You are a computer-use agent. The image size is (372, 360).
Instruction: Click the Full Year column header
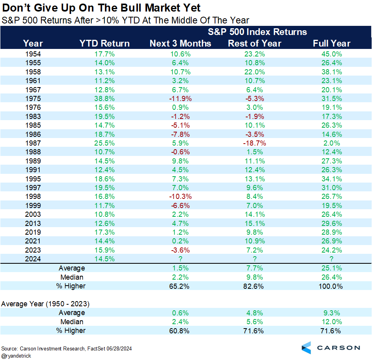[x=331, y=43]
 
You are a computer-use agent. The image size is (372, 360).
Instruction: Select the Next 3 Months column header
[x=180, y=43]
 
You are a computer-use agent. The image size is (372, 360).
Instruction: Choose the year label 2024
[x=33, y=259]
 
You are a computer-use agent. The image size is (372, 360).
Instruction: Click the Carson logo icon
[x=307, y=347]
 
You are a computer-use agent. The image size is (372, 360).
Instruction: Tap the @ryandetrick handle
[x=17, y=356]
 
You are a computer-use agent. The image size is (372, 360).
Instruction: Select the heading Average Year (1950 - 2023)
[x=45, y=304]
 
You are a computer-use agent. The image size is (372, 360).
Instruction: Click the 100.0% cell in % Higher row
[x=331, y=286]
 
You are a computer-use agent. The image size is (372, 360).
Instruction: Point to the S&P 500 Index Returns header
[x=257, y=32]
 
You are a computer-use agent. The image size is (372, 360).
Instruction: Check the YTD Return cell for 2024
[x=105, y=259]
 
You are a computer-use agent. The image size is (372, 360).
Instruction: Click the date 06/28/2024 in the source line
[x=118, y=348]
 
